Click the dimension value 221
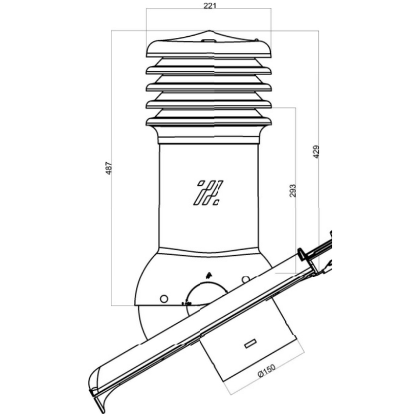[210, 6]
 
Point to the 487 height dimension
[109, 168]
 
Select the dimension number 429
[316, 152]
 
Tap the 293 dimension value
[293, 191]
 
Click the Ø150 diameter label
[266, 371]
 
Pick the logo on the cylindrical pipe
[208, 193]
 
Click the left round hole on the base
[164, 299]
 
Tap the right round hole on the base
[246, 280]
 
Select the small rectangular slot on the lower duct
[251, 344]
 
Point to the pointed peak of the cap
[210, 31]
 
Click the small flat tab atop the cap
[209, 41]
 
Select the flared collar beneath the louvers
[209, 135]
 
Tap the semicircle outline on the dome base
[206, 294]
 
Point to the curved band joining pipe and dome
[209, 251]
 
